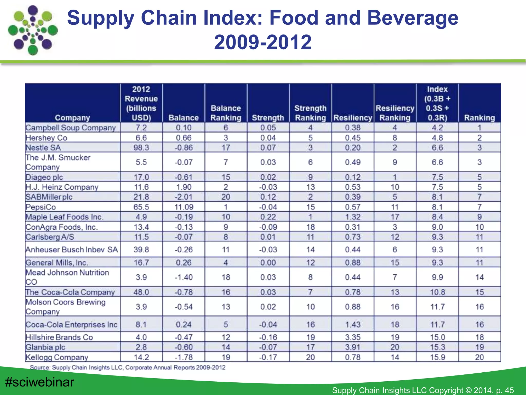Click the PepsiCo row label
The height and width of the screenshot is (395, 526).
tap(41, 207)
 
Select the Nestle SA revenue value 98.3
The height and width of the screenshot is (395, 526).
tap(141, 148)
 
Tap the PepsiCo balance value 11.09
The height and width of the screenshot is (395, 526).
tap(183, 207)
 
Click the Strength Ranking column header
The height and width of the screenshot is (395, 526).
tap(310, 113)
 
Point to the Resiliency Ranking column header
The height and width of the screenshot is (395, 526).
tap(395, 113)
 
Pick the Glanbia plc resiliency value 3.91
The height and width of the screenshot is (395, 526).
tap(353, 347)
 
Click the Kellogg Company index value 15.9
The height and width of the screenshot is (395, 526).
tap(437, 357)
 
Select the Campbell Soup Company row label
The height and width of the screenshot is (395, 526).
tap(71, 128)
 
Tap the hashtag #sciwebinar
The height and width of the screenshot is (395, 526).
tap(40, 382)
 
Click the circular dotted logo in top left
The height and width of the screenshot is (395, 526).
tap(33, 30)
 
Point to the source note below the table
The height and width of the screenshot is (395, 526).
tap(128, 367)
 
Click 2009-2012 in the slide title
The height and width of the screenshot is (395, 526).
tap(263, 42)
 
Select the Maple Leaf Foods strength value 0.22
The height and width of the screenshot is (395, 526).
tap(268, 217)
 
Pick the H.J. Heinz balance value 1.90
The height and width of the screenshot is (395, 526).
tap(183, 187)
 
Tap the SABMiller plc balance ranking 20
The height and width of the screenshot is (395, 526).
tap(226, 197)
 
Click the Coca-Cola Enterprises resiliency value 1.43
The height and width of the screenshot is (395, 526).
tap(353, 325)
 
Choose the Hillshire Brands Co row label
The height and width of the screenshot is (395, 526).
tap(59, 337)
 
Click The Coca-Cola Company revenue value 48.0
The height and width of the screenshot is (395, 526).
tap(141, 292)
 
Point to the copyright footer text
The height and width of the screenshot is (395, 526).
tap(423, 390)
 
